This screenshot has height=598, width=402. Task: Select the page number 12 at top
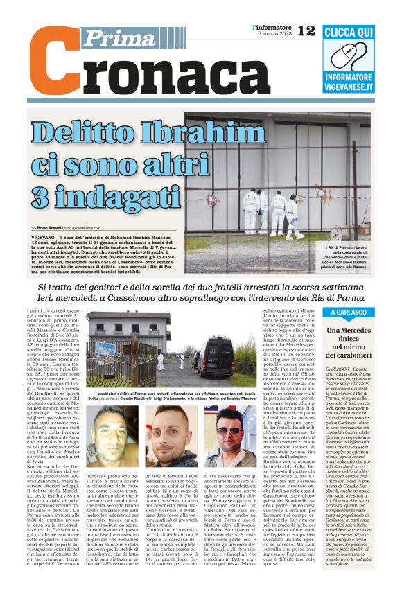pyautogui.click(x=306, y=30)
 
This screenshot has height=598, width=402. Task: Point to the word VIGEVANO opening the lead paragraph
pyautogui.click(x=42, y=237)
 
